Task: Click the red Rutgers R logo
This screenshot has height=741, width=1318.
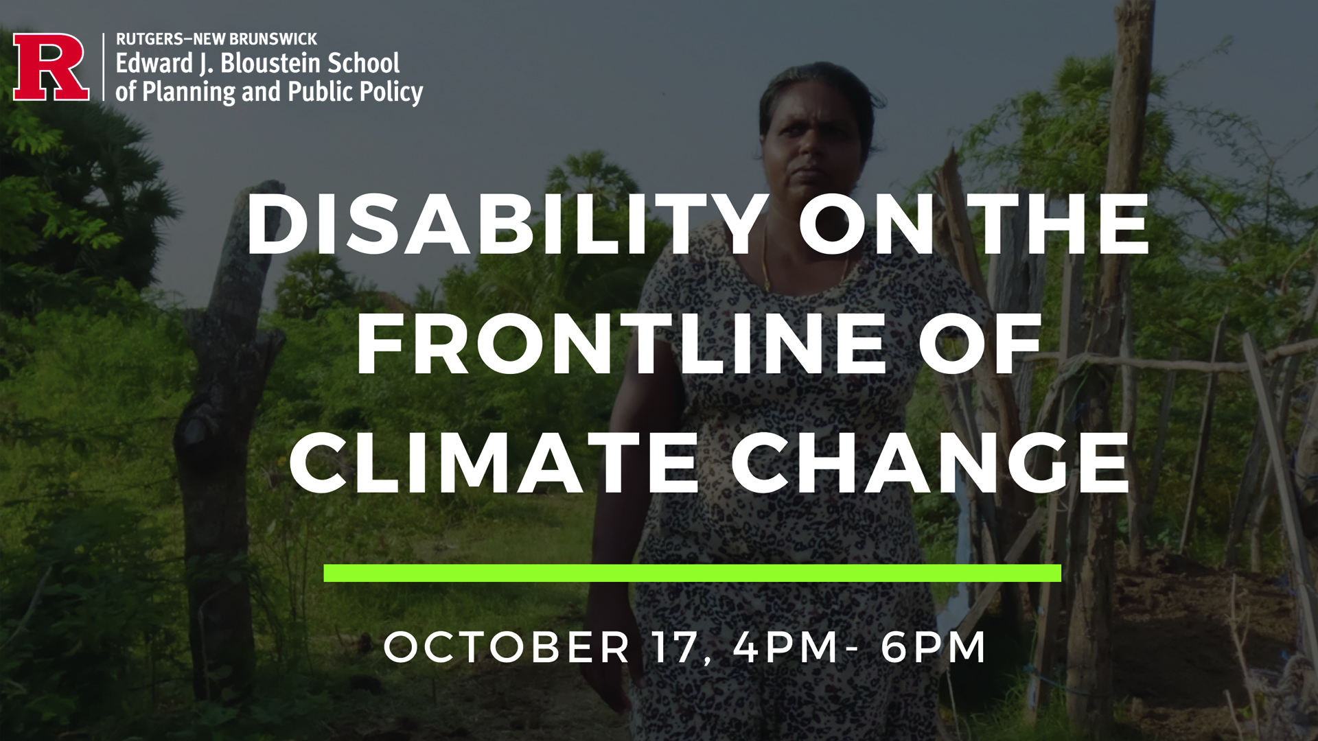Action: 51,67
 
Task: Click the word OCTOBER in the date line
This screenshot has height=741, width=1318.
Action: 507,646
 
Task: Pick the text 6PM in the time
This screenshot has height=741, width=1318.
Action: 934,646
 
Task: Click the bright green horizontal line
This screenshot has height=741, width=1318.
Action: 693,573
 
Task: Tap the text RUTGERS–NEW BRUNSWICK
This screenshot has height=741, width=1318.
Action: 216,39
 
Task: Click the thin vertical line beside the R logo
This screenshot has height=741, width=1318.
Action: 104,67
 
